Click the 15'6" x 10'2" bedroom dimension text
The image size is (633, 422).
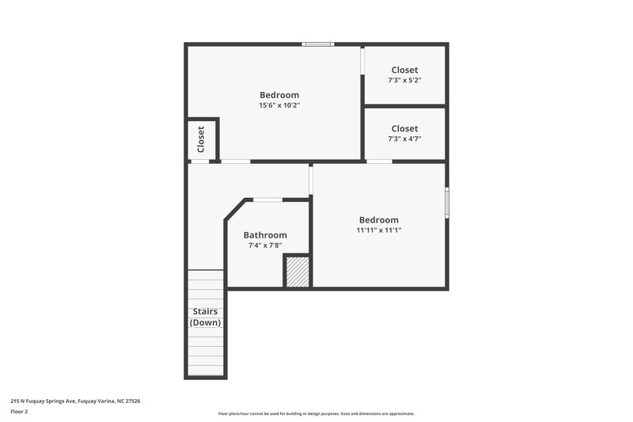click(279, 105)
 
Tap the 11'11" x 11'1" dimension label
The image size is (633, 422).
click(379, 230)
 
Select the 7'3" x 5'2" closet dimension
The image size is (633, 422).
click(404, 80)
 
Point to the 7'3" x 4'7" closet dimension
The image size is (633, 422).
click(404, 139)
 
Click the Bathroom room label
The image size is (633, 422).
click(265, 235)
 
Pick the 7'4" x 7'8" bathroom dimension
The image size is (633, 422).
click(265, 245)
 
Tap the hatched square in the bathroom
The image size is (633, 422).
click(297, 271)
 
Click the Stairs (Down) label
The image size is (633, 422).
click(205, 317)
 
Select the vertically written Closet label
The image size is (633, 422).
click(201, 139)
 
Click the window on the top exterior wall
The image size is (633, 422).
click(318, 44)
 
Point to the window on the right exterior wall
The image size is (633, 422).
click(447, 202)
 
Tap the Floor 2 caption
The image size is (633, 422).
click(19, 412)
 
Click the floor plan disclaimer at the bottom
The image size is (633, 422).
click(316, 413)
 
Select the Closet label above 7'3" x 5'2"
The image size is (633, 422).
click(404, 70)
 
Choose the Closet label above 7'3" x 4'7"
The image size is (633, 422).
click(404, 128)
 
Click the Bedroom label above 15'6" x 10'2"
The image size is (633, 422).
click(279, 95)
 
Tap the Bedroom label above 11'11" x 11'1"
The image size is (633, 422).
click(379, 220)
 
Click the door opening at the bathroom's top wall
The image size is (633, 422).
click(267, 200)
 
